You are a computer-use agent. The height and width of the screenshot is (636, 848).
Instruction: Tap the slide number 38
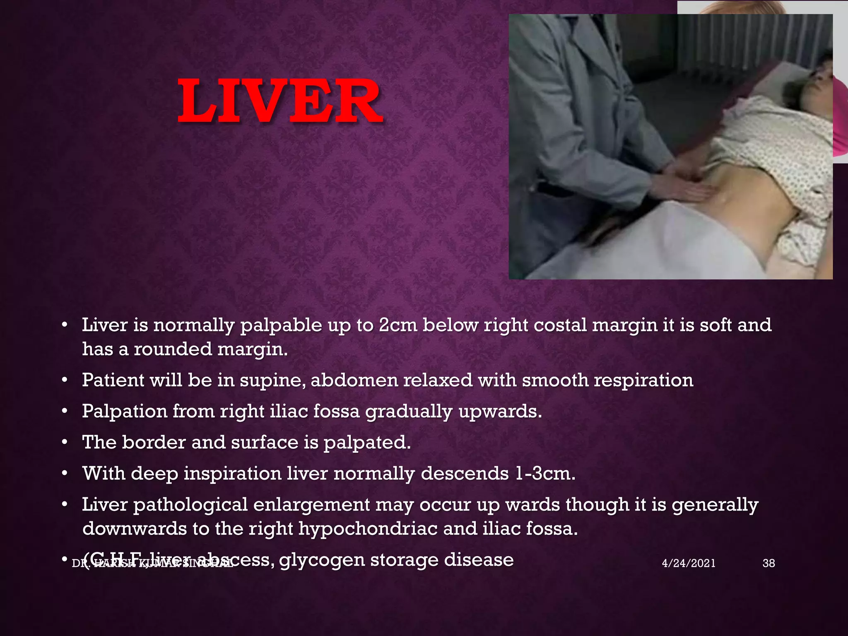pos(768,563)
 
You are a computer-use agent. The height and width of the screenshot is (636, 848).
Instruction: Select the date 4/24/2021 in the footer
pos(689,563)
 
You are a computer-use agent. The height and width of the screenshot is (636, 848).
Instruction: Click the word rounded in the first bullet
pos(173,349)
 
